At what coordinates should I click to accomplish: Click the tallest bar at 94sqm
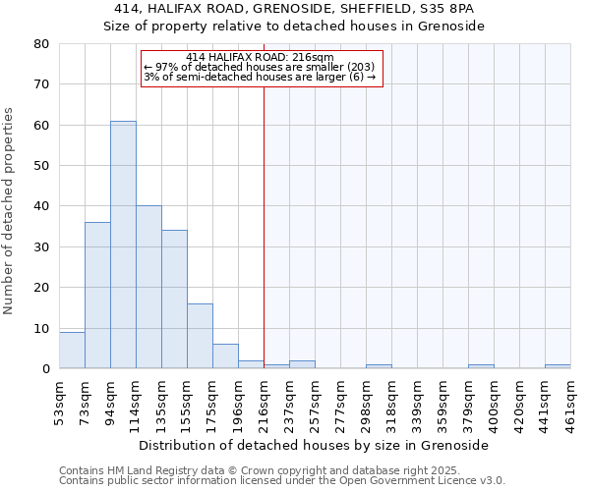pyautogui.click(x=123, y=245)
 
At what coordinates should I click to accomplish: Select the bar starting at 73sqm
pyautogui.click(x=97, y=296)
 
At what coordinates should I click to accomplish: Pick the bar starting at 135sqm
pyautogui.click(x=174, y=300)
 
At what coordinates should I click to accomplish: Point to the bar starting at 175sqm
pyautogui.click(x=225, y=356)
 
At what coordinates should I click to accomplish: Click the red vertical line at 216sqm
pyautogui.click(x=264, y=226)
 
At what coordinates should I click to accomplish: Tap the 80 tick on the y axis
pyautogui.click(x=41, y=44)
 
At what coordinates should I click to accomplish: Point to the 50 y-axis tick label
pyautogui.click(x=41, y=166)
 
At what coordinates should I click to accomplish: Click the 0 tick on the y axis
pyautogui.click(x=45, y=369)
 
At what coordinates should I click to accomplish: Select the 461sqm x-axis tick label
pyautogui.click(x=570, y=403)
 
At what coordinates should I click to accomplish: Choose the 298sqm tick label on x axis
pyautogui.click(x=366, y=403)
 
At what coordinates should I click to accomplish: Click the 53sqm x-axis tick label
pyautogui.click(x=59, y=403)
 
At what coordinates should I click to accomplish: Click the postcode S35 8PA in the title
pyautogui.click(x=447, y=9)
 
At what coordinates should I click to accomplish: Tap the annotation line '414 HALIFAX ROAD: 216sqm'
pyautogui.click(x=261, y=58)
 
